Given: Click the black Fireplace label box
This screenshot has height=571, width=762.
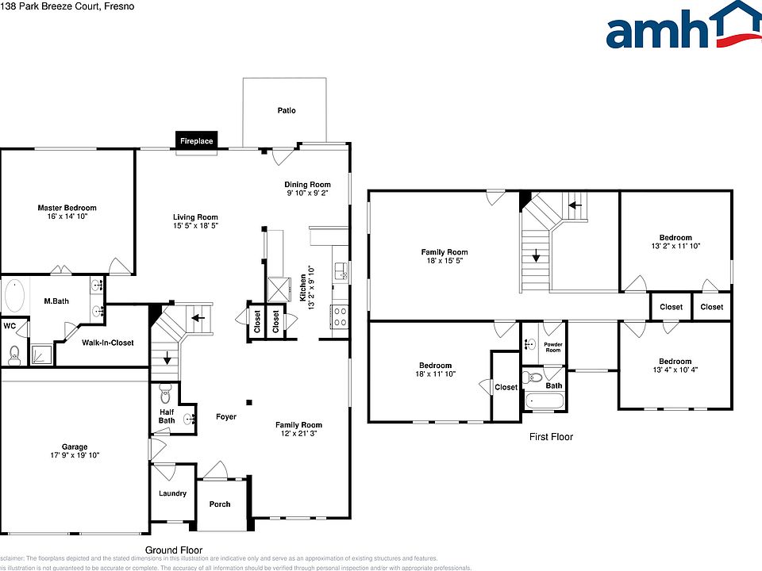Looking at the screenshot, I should [196, 141].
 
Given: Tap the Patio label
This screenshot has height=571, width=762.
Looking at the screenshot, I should [287, 110].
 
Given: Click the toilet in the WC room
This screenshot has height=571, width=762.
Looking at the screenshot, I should [13, 354].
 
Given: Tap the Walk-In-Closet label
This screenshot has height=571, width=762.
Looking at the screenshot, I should [108, 343].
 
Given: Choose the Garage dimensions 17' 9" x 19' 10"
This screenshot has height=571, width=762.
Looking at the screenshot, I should [75, 455].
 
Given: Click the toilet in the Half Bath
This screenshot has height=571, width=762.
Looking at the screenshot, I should [166, 393].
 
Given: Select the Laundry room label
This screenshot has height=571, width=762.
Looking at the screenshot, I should [172, 493].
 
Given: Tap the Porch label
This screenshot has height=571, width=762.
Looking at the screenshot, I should [219, 504].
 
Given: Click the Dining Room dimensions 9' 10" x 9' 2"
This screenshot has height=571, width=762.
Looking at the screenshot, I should [307, 193].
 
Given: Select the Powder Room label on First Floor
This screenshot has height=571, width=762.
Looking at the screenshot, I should [552, 347].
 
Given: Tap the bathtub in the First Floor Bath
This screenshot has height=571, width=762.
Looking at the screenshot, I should [544, 402].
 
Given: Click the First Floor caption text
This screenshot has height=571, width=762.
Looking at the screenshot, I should [551, 437].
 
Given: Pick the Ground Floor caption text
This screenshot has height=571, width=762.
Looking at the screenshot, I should [173, 550].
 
